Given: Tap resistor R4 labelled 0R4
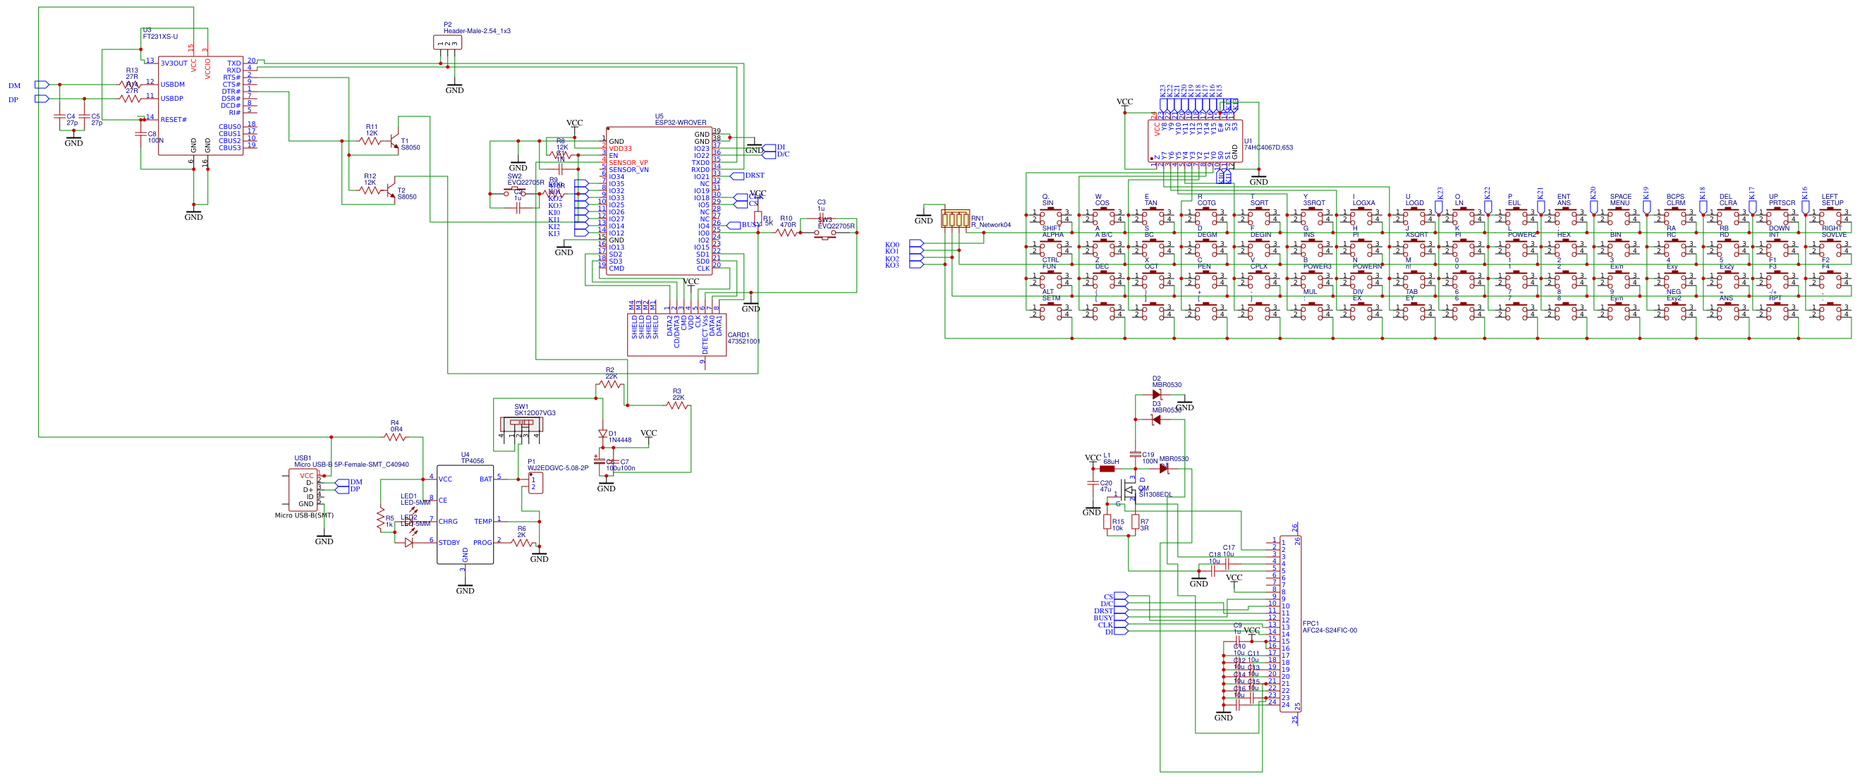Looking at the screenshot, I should point(395,437).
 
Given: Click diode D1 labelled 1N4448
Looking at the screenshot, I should point(602,434).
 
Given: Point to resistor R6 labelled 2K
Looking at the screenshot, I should point(522,541).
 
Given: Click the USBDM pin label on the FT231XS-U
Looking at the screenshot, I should point(172,85).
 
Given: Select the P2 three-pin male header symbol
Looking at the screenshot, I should point(447,43).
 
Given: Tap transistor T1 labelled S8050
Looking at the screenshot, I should point(394,141).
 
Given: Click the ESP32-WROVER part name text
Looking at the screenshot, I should point(680,123).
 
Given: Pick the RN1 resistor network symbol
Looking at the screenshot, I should point(954,218).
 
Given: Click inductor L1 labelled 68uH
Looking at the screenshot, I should point(1107,469).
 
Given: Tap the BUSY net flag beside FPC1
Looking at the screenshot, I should point(1120,618).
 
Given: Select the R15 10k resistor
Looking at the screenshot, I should point(1107,522).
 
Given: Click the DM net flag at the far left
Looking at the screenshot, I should point(42,85).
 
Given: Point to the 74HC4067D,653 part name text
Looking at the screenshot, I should point(1268,147).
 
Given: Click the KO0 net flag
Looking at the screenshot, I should point(916,245).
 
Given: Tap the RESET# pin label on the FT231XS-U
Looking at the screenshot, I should point(174,120).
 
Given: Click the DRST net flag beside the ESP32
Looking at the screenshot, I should point(737,176).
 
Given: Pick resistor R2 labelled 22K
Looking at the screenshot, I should point(611,384).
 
